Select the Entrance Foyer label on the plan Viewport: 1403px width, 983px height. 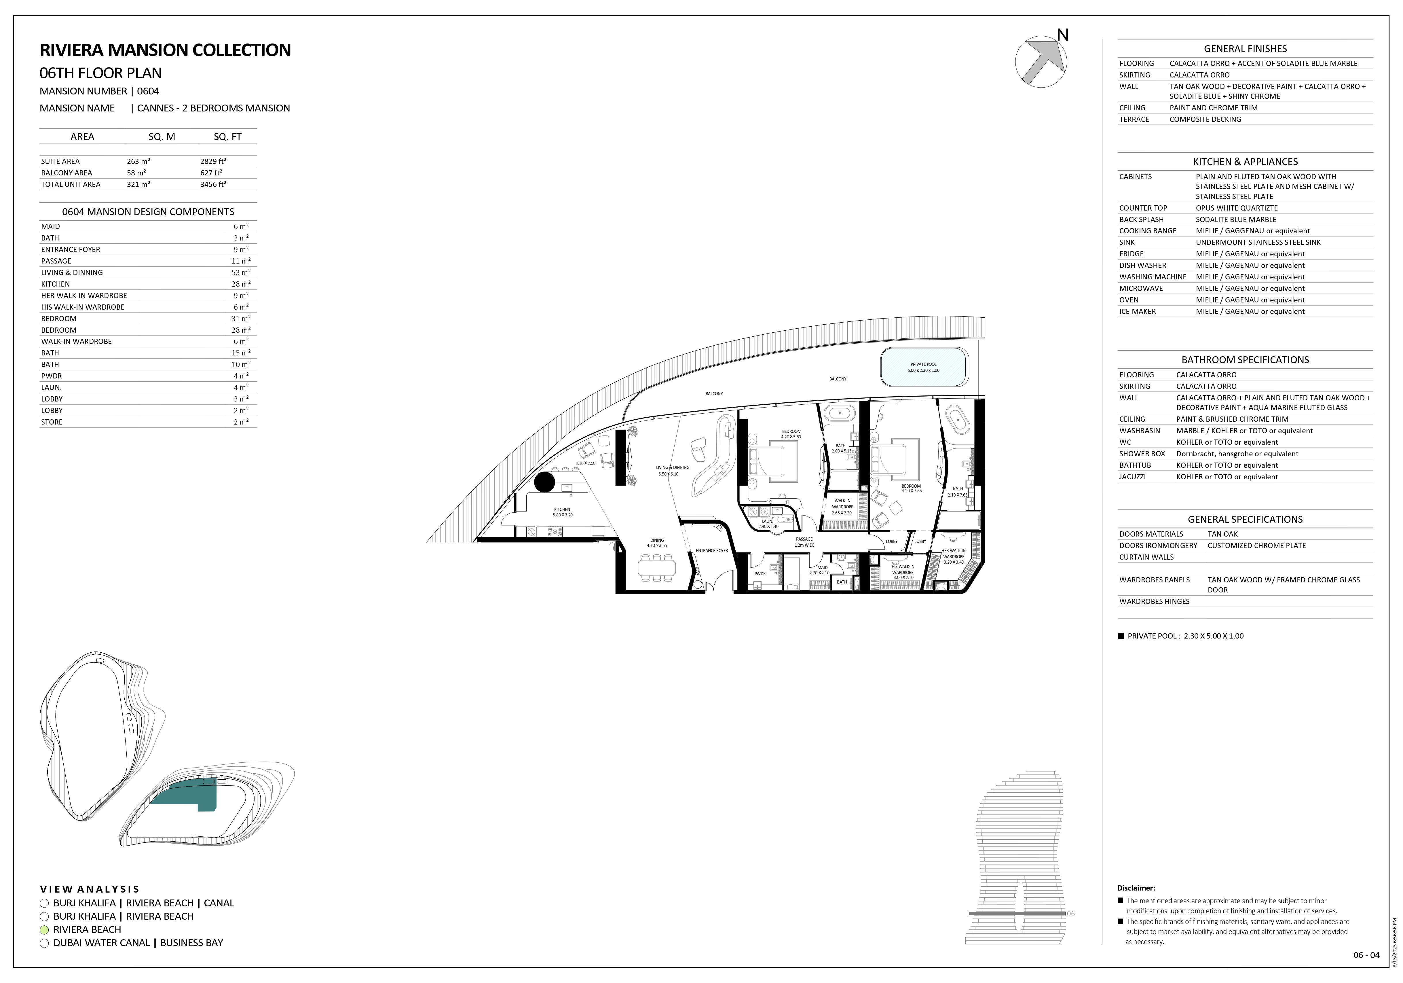click(712, 551)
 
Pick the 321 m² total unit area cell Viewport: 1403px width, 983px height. click(139, 185)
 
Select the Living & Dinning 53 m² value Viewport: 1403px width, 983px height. click(240, 273)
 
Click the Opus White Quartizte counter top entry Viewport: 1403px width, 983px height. click(1237, 208)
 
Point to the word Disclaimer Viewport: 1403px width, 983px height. click(1136, 888)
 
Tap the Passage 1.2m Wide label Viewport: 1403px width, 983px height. click(804, 542)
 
